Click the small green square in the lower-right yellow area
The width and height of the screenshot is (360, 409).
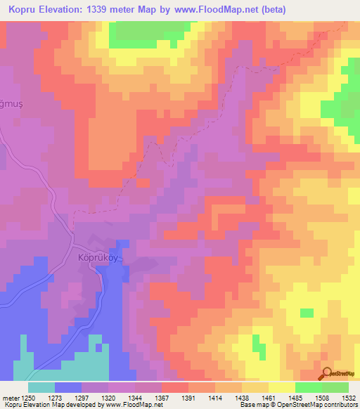tap(307, 312)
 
